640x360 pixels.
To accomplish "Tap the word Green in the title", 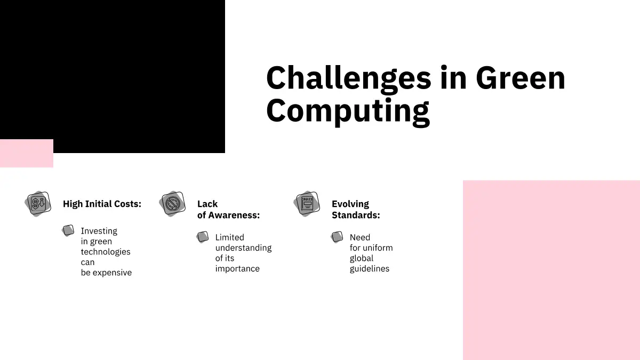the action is [521, 78].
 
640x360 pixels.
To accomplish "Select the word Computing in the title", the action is [348, 111].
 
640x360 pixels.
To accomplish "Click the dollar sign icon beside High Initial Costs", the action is [38, 204].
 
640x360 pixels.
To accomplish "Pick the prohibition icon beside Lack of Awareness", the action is [172, 204].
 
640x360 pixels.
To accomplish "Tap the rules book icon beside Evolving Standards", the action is [307, 204].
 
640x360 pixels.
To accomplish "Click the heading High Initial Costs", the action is [102, 204].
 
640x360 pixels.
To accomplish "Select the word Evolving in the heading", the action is [350, 204].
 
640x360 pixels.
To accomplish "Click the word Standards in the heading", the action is [356, 215].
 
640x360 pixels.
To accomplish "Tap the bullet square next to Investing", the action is [68, 230].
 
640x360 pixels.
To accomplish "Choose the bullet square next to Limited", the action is [203, 237].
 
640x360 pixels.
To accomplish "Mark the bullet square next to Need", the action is [337, 237].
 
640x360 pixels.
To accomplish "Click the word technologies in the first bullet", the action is [106, 252].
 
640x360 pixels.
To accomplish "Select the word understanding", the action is [243, 247].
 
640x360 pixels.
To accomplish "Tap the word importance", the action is [237, 269].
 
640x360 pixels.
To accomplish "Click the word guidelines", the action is [370, 269].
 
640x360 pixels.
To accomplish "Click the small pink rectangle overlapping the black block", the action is [27, 154].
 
